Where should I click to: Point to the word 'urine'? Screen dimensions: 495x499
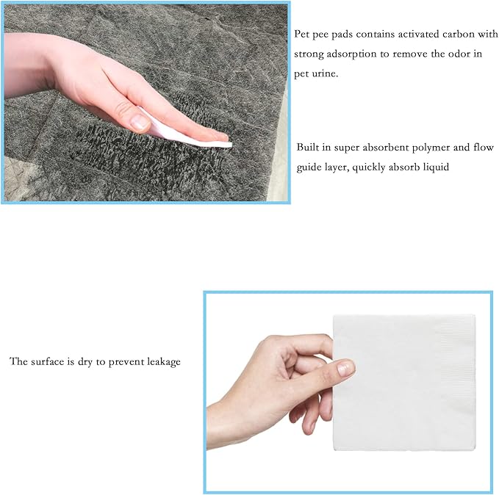click(x=325, y=73)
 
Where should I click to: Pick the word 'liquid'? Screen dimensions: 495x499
click(x=433, y=167)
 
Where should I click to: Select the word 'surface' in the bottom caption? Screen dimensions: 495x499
click(x=49, y=362)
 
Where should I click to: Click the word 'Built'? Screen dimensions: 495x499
click(x=309, y=148)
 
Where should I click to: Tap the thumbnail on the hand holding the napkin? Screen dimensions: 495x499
click(x=345, y=368)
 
